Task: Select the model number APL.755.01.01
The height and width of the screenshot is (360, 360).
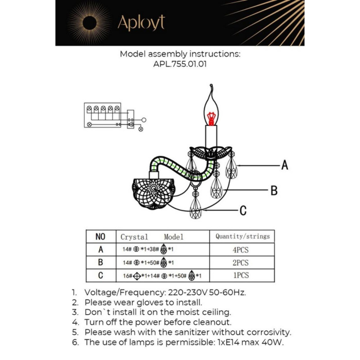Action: [x=180, y=65]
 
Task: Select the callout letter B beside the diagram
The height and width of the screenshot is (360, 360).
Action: [x=274, y=191]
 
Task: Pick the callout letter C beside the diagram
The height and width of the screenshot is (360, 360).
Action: [x=243, y=210]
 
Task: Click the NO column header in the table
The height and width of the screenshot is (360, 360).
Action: [x=100, y=237]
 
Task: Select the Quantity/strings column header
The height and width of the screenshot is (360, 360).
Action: [x=242, y=237]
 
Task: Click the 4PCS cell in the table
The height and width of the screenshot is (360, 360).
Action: [x=241, y=249]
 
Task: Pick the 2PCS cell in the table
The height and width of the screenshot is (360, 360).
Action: [x=241, y=262]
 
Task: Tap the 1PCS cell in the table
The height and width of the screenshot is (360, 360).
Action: [x=241, y=275]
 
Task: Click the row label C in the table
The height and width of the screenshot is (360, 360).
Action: [x=100, y=275]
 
